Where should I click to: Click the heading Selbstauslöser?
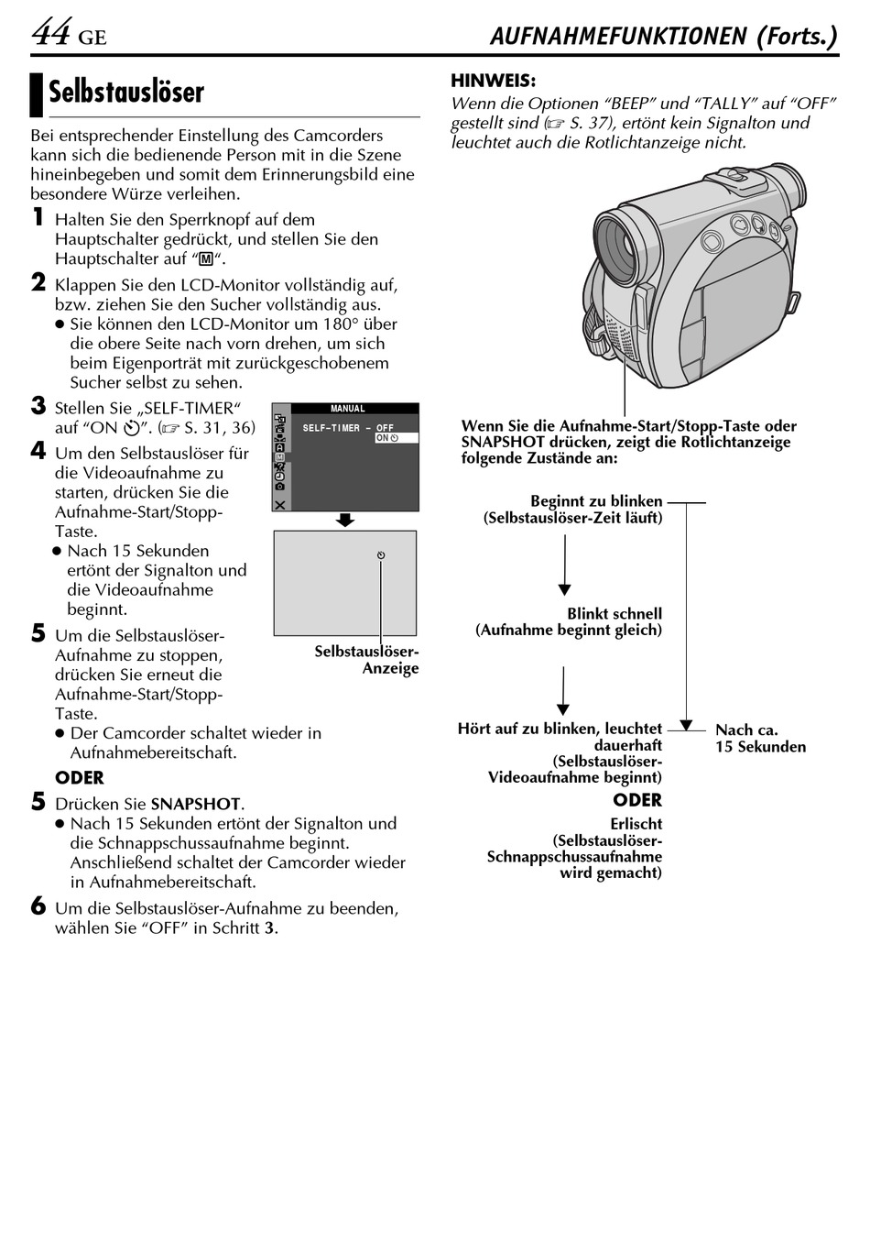point(126,93)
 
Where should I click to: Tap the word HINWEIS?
point(493,81)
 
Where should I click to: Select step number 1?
point(38,218)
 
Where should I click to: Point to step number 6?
point(38,907)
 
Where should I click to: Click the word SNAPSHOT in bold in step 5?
point(195,804)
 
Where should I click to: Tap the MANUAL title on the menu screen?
point(347,409)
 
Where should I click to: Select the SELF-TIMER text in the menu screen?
point(332,428)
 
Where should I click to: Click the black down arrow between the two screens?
point(345,520)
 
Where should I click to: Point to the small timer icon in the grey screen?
point(381,555)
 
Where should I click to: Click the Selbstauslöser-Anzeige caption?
point(367,660)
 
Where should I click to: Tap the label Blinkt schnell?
point(614,614)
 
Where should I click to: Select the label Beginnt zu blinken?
point(596,501)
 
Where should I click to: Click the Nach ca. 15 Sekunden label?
point(760,738)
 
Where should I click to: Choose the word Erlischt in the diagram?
point(636,824)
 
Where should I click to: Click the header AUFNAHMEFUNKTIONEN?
point(619,37)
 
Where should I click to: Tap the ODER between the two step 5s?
point(80,778)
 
